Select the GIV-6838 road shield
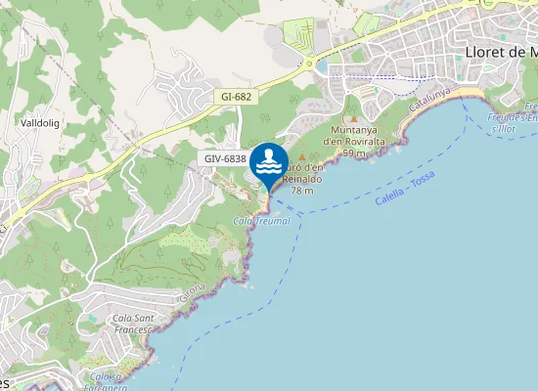coord(225,158)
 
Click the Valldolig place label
coord(42,123)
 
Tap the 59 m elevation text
coord(354,153)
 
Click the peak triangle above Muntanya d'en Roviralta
coord(354,119)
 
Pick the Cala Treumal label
coord(261,222)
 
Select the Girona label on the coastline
coord(192,290)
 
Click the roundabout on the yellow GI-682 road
coord(310,65)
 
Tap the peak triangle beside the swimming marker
coord(302,156)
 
